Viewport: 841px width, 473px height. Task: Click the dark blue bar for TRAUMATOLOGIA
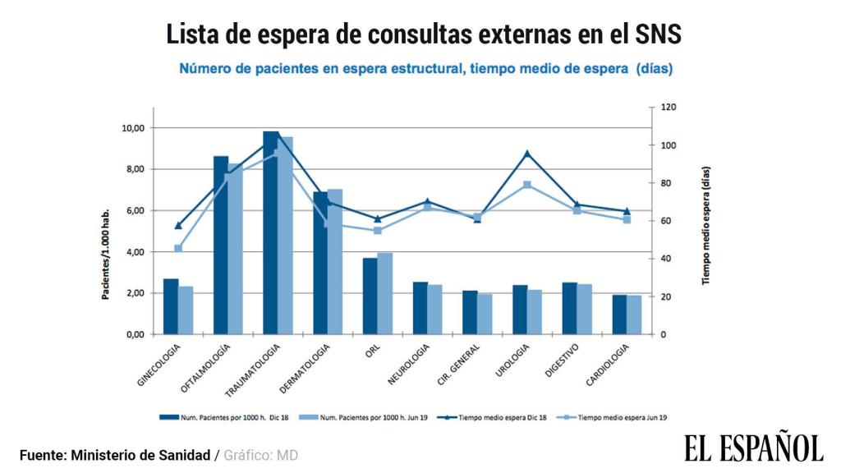[x=271, y=234]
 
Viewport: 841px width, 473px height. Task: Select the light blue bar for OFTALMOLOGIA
[x=235, y=250]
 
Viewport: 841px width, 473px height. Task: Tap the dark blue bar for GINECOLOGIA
[x=171, y=306]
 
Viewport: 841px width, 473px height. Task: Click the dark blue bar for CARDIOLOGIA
[x=619, y=315]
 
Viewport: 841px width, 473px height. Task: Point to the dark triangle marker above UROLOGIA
[x=527, y=153]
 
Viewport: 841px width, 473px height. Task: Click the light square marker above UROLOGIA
[x=527, y=185]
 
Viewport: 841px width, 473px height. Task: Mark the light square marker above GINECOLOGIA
[x=178, y=248]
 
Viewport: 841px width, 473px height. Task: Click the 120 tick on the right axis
[x=669, y=108]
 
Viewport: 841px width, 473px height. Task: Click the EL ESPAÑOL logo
[x=753, y=448]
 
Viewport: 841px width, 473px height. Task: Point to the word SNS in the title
[x=652, y=34]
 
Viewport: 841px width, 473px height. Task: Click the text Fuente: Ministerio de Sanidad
[x=115, y=455]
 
